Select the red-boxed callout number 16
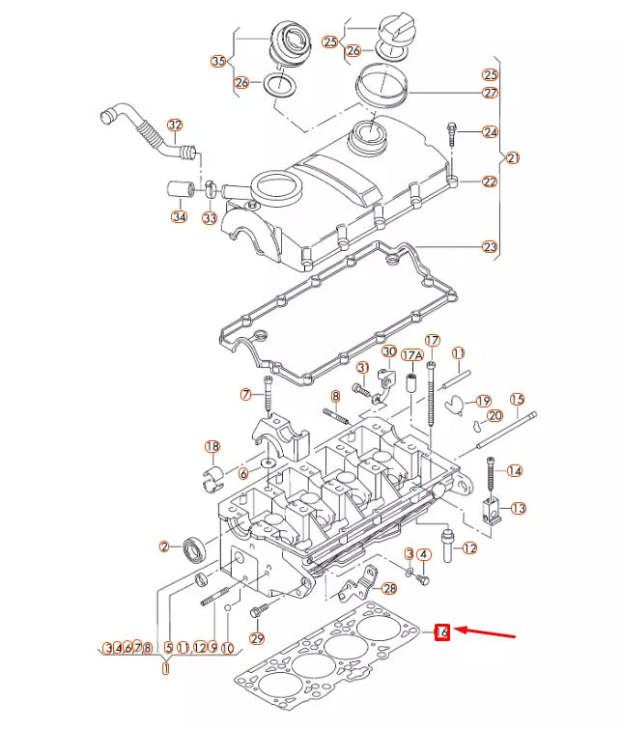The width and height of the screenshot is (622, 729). tap(442, 632)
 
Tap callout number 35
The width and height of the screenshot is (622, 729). tap(218, 62)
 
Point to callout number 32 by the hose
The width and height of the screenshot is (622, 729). tap(174, 125)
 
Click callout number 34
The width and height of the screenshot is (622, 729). tap(179, 217)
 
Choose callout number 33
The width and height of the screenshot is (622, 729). tap(210, 219)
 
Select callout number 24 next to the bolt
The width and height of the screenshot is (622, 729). tap(491, 132)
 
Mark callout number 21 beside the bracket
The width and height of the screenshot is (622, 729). tap(513, 157)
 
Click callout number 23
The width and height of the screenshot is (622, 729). tap(491, 247)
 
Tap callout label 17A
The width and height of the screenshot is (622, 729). tap(413, 355)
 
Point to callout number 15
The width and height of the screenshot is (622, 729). tap(517, 399)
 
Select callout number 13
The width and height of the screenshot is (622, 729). tap(519, 508)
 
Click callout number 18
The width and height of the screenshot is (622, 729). tap(212, 446)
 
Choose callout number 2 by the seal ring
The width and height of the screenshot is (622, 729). tap(165, 547)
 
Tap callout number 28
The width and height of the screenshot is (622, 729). tap(389, 588)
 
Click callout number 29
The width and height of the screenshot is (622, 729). tap(257, 638)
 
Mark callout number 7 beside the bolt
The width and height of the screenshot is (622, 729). tap(245, 394)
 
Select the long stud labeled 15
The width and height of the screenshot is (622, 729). tap(502, 434)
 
